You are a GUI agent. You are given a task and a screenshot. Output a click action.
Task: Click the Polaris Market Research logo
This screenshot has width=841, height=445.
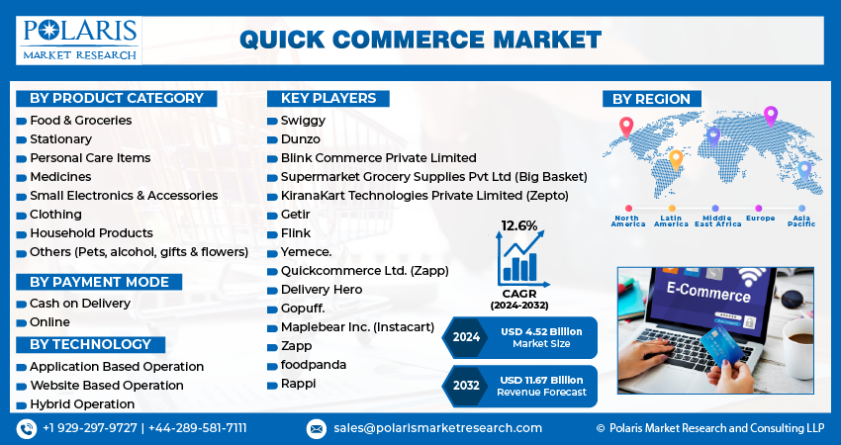[x=78, y=39]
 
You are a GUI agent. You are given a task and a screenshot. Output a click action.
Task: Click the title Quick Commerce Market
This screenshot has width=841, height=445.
[x=420, y=39]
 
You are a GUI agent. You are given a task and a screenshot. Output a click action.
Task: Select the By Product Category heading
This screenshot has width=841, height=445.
[x=116, y=98]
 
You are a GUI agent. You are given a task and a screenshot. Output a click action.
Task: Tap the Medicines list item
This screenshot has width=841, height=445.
[x=60, y=176]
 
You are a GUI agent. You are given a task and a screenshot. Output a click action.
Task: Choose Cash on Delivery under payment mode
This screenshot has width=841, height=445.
[x=79, y=303]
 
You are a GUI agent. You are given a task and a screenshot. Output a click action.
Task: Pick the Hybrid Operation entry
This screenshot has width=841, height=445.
[x=81, y=403]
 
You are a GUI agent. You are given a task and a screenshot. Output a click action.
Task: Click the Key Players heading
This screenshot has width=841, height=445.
[x=327, y=98]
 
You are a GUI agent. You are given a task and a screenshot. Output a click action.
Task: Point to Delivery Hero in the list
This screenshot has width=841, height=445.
[x=322, y=289]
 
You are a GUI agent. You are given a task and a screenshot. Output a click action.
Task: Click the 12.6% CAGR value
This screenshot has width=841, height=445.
[x=519, y=225]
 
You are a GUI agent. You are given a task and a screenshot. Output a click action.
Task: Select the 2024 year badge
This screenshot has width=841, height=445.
[x=466, y=337]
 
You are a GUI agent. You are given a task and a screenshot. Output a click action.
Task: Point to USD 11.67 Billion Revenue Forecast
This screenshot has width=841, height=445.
[x=542, y=386]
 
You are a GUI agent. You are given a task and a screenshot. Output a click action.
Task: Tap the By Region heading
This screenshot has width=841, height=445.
[x=651, y=98]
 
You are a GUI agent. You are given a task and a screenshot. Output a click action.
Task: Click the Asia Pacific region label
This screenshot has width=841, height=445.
[x=801, y=221]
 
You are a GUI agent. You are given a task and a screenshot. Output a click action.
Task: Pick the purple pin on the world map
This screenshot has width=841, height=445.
[x=771, y=116]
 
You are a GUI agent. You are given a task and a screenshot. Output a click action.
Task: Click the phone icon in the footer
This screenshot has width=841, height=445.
[x=26, y=428]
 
